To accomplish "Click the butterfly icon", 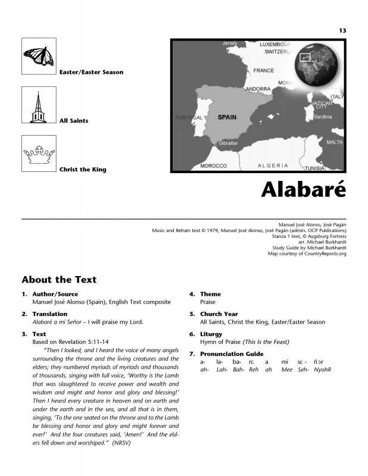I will pos(39,56).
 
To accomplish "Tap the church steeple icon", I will pos(39,105).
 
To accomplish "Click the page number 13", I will pos(342,30).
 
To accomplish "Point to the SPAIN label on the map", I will pos(227,117).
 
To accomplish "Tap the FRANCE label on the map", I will pos(263,70).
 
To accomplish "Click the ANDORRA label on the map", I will pos(258,89).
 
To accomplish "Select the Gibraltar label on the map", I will pos(228,143).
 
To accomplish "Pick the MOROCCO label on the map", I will pos(213,165).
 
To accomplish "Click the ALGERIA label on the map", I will pos(273,165).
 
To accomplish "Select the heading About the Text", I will pos(59,279).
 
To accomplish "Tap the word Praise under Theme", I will pos(208,302).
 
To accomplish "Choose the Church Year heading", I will pos(219,314).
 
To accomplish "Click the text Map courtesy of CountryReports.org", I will pos(307,253).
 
